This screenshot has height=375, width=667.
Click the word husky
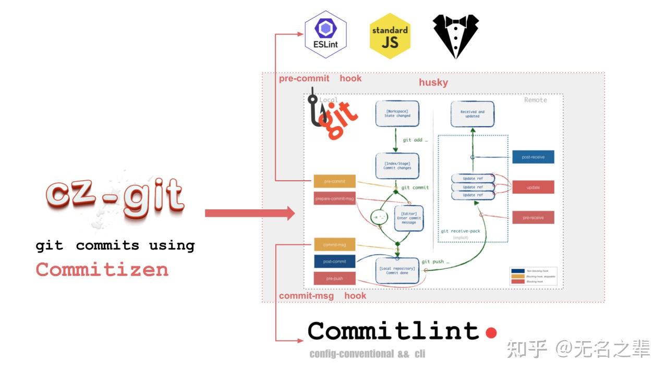tap(433, 83)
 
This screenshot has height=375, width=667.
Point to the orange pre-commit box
tap(334, 181)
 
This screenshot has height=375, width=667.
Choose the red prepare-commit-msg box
tap(334, 198)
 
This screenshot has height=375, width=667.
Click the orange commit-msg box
tap(334, 244)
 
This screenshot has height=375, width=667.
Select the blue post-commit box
tap(334, 261)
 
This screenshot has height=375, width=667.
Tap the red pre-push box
tap(334, 279)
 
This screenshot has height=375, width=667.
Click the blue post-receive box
tap(533, 157)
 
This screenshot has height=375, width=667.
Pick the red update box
tap(533, 187)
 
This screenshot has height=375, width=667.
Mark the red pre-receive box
tap(533, 217)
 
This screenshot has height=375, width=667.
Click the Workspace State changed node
tap(397, 113)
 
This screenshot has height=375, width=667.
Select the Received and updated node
tap(472, 114)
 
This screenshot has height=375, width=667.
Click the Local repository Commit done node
tap(397, 271)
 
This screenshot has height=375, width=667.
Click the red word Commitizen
tap(102, 269)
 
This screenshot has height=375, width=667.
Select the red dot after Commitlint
tap(491, 332)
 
